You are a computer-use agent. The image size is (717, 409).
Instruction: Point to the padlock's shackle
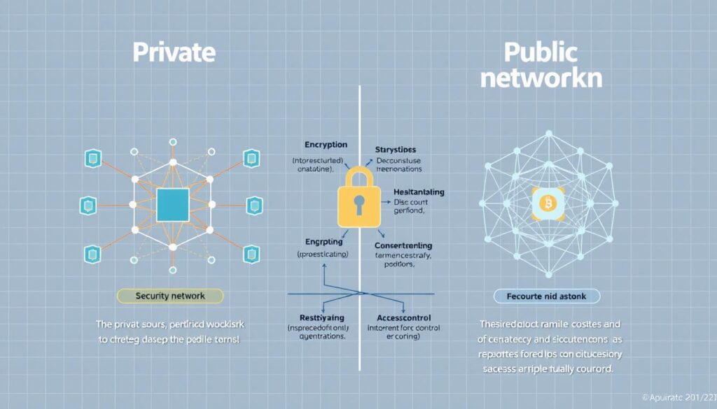(359, 174)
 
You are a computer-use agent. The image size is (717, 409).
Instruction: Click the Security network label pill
(169, 296)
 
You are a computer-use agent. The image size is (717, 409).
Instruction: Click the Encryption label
(326, 145)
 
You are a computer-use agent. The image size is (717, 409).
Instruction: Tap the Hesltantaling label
(409, 192)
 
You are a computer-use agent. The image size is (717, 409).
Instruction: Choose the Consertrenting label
(403, 246)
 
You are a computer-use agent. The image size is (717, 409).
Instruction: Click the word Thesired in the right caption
(502, 324)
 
